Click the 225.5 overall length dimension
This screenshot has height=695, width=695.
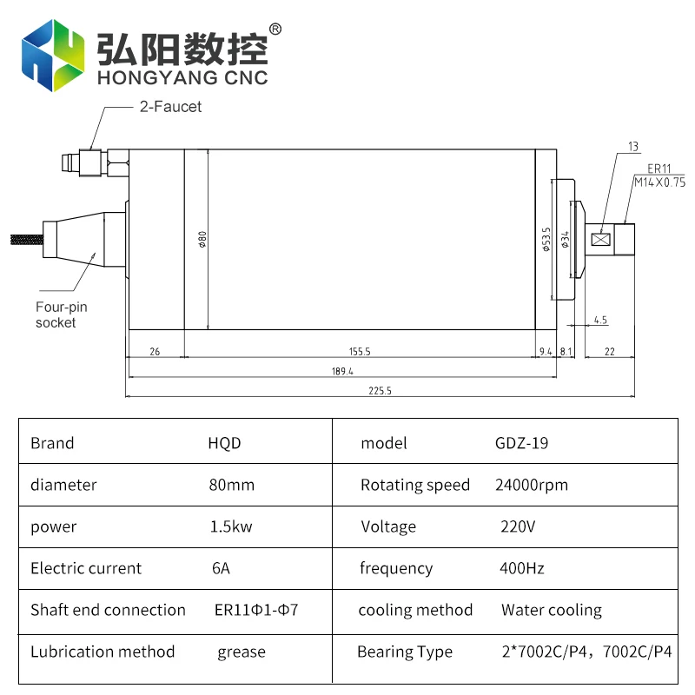click(x=380, y=392)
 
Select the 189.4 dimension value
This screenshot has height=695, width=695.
click(x=342, y=372)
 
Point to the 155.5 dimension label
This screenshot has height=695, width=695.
click(x=360, y=352)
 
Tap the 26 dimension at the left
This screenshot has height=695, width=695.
click(x=155, y=352)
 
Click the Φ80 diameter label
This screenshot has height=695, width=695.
click(x=202, y=239)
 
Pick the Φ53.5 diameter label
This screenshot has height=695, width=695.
click(x=546, y=239)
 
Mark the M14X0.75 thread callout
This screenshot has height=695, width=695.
click(x=659, y=182)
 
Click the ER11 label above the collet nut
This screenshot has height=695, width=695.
click(x=659, y=169)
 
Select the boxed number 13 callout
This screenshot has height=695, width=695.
click(x=632, y=145)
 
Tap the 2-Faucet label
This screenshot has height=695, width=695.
click(x=170, y=107)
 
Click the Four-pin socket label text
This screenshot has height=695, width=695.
click(x=61, y=314)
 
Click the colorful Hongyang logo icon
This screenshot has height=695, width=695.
click(x=53, y=54)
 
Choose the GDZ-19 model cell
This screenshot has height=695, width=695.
click(x=521, y=443)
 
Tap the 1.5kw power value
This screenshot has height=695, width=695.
click(x=228, y=526)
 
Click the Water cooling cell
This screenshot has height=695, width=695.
click(x=551, y=610)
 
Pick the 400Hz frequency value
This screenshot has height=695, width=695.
click(x=522, y=568)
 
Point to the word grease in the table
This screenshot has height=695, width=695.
click(x=242, y=652)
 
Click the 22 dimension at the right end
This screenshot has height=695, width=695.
click(x=609, y=352)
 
